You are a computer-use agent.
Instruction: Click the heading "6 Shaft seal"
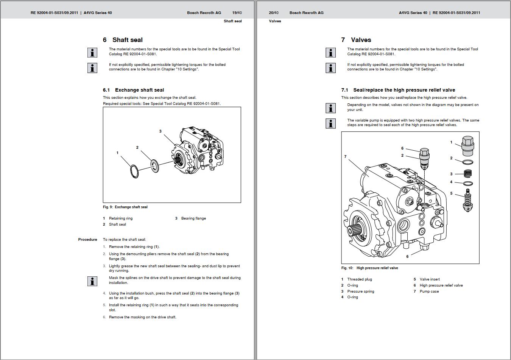tap(123, 40)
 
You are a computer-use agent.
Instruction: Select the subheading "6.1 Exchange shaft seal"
tap(133, 90)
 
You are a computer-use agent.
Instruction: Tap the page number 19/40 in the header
tap(237, 13)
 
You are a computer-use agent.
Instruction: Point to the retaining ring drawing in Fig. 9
tap(134, 171)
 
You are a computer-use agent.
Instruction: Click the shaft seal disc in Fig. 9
tap(154, 166)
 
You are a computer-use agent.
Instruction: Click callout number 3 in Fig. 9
tap(160, 131)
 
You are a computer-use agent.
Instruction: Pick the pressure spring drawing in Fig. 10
tap(468, 174)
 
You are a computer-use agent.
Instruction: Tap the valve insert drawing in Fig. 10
tap(468, 202)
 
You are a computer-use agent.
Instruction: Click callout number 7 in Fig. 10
tap(345, 157)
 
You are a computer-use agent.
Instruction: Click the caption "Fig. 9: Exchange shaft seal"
tap(125, 207)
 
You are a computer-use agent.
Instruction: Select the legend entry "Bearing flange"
tap(193, 218)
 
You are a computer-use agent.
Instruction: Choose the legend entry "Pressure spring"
tap(360, 291)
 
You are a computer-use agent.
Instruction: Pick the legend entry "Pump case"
tap(429, 291)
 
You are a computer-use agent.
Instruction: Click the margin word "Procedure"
tap(87, 240)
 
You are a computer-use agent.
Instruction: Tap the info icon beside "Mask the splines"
tap(92, 281)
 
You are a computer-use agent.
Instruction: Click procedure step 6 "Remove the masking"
tap(142, 317)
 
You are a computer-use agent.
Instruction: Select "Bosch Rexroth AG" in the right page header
tap(306, 13)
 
